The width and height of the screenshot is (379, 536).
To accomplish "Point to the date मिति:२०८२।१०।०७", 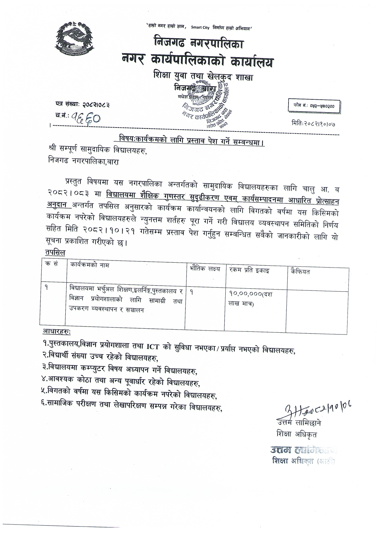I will [315, 124].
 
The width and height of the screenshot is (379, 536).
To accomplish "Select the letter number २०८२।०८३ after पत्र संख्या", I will [95, 105].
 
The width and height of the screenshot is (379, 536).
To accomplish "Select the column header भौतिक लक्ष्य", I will [204, 269].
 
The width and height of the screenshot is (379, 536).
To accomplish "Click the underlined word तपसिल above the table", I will [55, 253].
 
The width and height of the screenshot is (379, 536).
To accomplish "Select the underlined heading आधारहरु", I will [56, 331].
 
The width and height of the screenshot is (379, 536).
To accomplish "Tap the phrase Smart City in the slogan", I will [200, 28].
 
